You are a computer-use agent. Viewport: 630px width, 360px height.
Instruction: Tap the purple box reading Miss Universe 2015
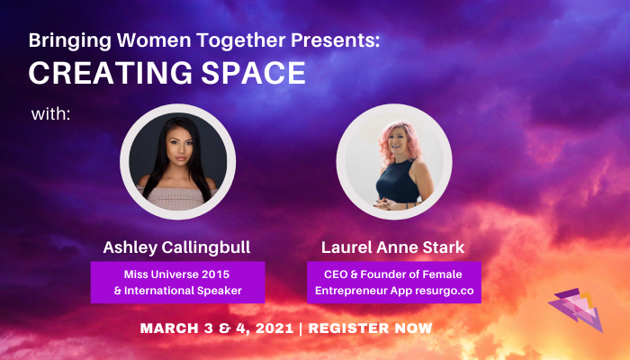pyautogui.click(x=177, y=281)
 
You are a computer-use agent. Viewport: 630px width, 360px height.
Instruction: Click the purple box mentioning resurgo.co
pyautogui.click(x=393, y=281)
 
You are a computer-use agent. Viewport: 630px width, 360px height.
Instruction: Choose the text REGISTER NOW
pyautogui.click(x=371, y=328)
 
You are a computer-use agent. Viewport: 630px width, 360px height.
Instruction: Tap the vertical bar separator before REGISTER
pyautogui.click(x=301, y=328)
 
